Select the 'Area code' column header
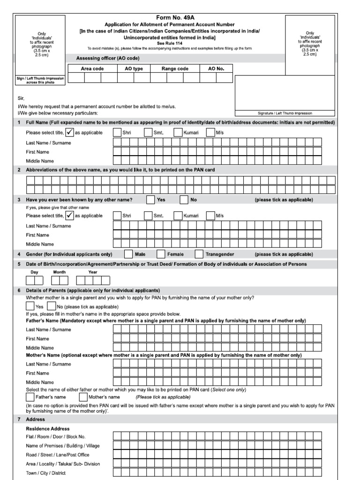click(92, 68)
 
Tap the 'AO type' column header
click(134, 68)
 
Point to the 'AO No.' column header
click(216, 68)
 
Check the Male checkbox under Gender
click(128, 254)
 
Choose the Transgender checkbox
click(199, 254)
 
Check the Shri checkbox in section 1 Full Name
click(117, 133)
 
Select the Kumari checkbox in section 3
click(178, 216)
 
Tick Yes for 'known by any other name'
click(150, 200)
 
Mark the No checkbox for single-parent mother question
click(52, 307)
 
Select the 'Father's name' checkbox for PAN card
click(30, 397)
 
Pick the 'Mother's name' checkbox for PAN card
click(83, 397)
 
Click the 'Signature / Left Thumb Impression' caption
click(285, 113)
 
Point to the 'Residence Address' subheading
click(48, 428)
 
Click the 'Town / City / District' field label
click(45, 473)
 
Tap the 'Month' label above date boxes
click(60, 272)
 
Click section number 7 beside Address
click(19, 419)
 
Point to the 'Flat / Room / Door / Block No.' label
click(56, 436)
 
